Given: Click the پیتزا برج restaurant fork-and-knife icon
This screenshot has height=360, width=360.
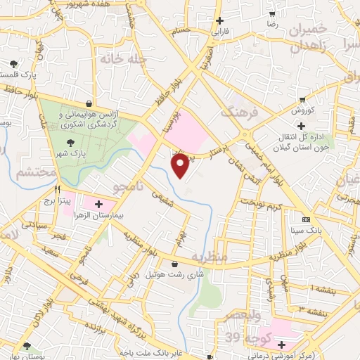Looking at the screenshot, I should (57, 190).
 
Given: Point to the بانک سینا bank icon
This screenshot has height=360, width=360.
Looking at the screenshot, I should (304, 219).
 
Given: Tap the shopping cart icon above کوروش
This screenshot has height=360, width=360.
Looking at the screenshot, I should (302, 99).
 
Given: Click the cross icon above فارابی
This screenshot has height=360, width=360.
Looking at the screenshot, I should (221, 20).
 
